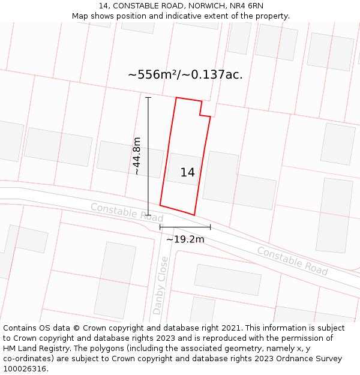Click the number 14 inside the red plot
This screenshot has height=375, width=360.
pyautogui.click(x=187, y=173)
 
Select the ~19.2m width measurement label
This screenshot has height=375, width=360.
pyautogui.click(x=185, y=239)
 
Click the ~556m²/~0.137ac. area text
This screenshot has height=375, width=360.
pyautogui.click(x=185, y=74)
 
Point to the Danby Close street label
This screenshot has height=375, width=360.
pyautogui.click(x=160, y=285)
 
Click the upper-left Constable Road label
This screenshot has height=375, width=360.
pyautogui.click(x=127, y=211)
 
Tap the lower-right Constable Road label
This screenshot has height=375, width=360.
pyautogui.click(x=292, y=261)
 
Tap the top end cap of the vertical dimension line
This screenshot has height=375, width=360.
pyautogui.click(x=148, y=97)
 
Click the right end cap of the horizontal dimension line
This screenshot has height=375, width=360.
pyautogui.click(x=210, y=227)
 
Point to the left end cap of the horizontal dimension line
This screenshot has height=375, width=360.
pyautogui.click(x=160, y=227)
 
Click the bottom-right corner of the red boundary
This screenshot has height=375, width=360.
pyautogui.click(x=194, y=215)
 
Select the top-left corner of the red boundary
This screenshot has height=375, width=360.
pyautogui.click(x=176, y=97)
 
